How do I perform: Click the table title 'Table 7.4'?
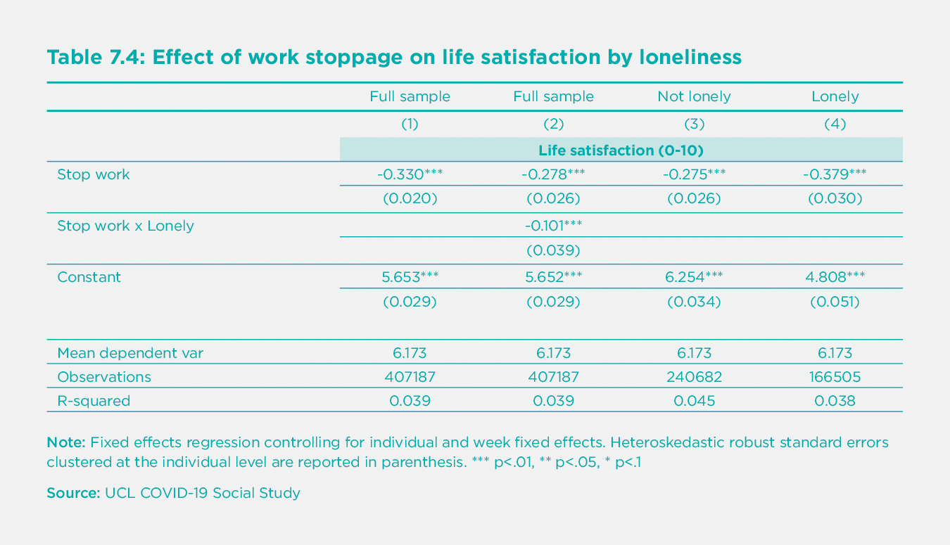coord(95,57)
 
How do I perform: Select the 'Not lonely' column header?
coord(694,96)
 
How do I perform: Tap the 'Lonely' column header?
coord(835,96)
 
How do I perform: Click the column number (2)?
coord(553,124)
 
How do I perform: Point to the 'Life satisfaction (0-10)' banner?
coord(621,150)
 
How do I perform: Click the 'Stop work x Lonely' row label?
coord(125,226)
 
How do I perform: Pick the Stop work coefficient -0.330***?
coord(410,174)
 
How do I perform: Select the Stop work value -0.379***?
coord(835,174)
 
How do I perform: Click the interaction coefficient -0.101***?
coord(553,226)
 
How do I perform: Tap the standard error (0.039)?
coord(553,250)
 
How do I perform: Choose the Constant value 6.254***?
coord(694,277)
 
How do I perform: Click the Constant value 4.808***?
coord(835,277)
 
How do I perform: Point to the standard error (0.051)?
coord(835,302)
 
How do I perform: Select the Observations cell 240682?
coord(694,377)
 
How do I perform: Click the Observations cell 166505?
coord(835,377)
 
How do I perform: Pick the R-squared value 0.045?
coord(694,401)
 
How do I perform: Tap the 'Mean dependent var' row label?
coord(130,353)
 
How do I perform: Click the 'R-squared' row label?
coord(94,401)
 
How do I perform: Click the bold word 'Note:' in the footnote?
coord(65,443)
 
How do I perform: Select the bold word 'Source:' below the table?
coord(73,493)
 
